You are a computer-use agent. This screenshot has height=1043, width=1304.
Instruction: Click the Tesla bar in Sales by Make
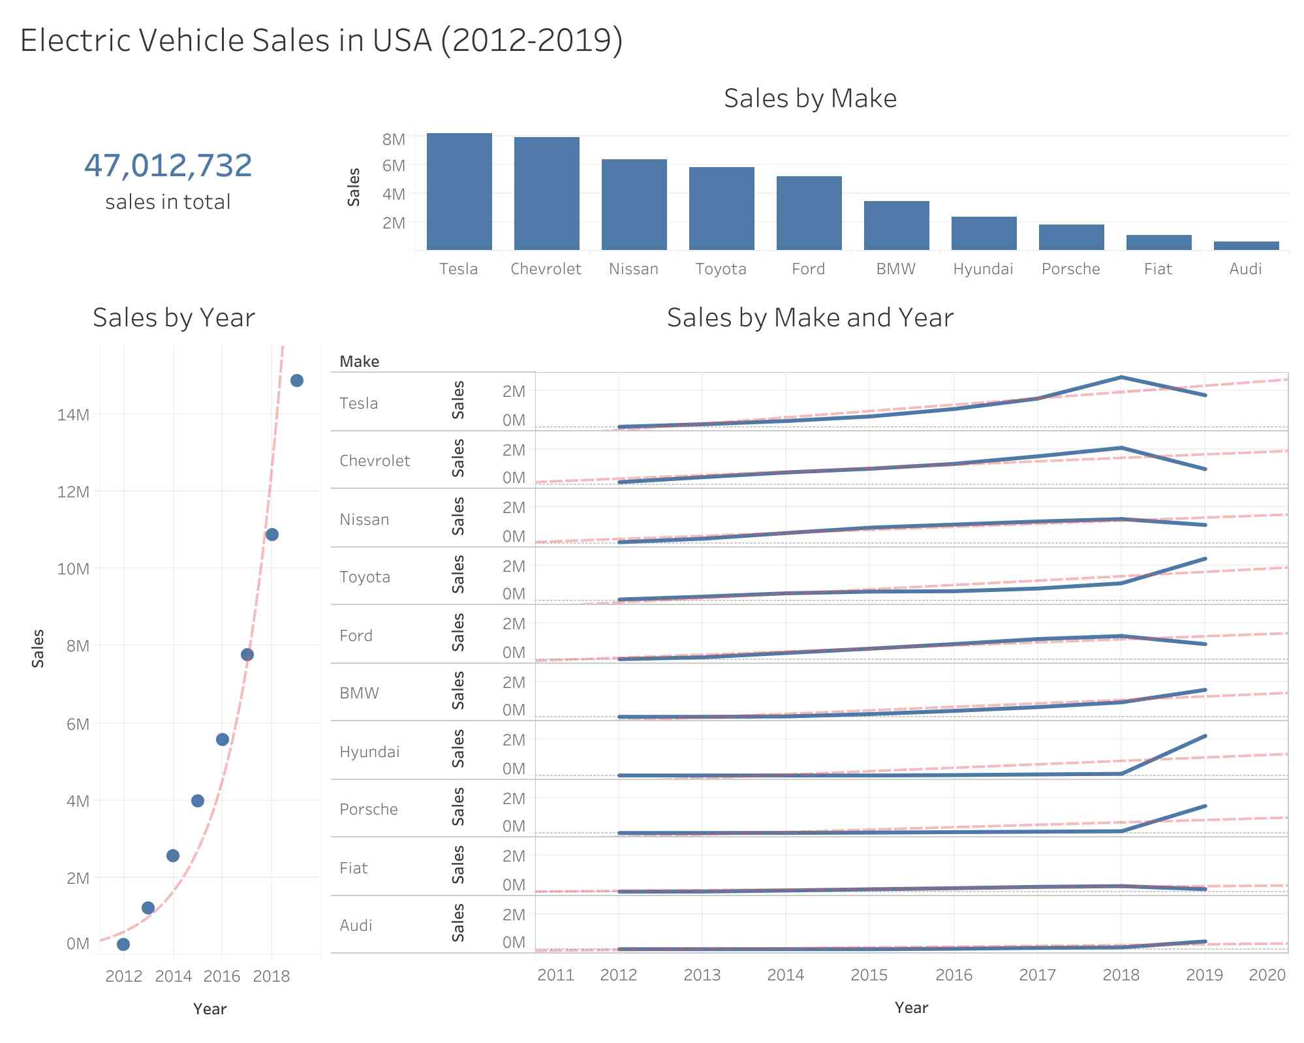(459, 191)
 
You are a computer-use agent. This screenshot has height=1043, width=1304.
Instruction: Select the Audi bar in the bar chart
(1246, 245)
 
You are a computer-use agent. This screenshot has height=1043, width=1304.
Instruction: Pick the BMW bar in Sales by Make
(896, 225)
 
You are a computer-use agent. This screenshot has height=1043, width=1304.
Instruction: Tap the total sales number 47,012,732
(168, 165)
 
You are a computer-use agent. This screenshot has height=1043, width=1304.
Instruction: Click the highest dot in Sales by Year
(296, 381)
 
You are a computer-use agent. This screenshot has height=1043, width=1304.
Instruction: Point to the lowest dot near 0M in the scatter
(123, 944)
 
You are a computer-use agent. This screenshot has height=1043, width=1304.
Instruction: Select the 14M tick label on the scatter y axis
(73, 414)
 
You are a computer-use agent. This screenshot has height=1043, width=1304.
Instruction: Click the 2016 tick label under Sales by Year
(222, 976)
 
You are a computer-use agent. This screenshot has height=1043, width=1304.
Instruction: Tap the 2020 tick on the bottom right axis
(1267, 974)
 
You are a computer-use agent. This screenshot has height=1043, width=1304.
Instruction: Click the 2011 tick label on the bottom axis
(555, 974)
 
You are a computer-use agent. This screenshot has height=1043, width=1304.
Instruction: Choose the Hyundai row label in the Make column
(369, 751)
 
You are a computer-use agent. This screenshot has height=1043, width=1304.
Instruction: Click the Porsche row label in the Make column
(369, 809)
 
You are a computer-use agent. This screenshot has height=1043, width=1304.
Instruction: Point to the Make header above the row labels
(359, 362)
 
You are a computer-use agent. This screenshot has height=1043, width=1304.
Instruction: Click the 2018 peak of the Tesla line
(1121, 377)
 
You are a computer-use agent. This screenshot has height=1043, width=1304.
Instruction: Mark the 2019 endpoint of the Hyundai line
(1204, 736)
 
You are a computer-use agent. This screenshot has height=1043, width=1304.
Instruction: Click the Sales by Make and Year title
(809, 318)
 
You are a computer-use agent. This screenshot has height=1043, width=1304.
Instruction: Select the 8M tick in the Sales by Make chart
(394, 139)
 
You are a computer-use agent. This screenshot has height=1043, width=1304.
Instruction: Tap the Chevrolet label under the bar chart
(546, 269)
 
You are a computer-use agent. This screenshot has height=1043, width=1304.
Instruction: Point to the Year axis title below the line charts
(911, 1007)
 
